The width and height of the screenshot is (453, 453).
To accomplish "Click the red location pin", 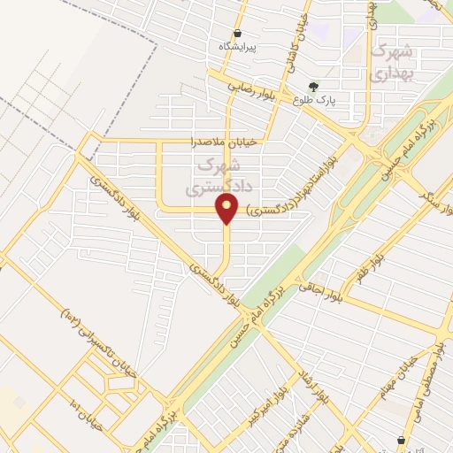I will (x=227, y=210).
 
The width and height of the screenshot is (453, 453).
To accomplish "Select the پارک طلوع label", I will (x=311, y=100).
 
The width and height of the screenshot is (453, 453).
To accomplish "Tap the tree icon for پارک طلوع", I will (x=312, y=87).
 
